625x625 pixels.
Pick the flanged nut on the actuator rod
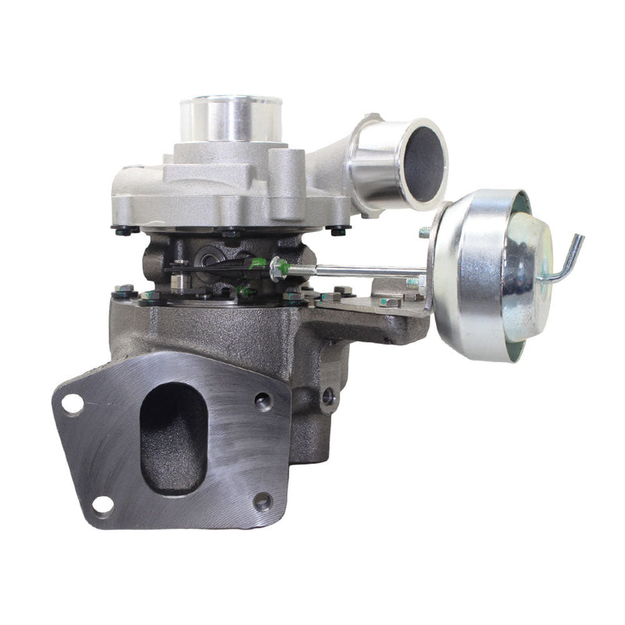tap(277, 270)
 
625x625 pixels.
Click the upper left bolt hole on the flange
tap(73, 404)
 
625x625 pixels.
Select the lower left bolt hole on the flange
tap(102, 505)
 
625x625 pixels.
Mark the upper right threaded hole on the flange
tap(263, 401)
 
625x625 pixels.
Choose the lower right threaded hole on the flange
tap(262, 501)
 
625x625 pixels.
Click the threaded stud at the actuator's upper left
tap(425, 232)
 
